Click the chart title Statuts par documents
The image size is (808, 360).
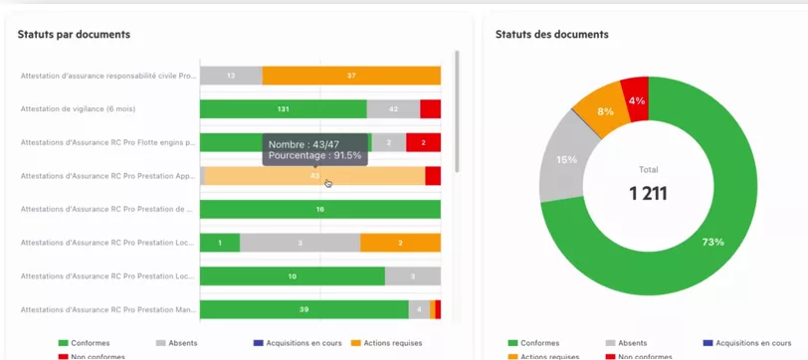(x=74, y=35)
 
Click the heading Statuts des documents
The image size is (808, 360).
(x=551, y=35)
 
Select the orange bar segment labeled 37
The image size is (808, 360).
(x=351, y=76)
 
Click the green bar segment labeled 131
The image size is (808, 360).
(x=283, y=109)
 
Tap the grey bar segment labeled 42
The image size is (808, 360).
(x=393, y=109)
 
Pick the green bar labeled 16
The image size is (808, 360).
(x=319, y=209)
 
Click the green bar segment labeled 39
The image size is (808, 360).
(x=303, y=309)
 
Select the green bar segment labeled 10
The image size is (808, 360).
(x=292, y=275)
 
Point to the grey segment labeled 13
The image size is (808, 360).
(x=231, y=76)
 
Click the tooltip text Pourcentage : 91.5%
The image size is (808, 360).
(x=315, y=156)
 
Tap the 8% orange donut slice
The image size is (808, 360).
(x=603, y=109)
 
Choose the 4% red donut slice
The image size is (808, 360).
(x=636, y=99)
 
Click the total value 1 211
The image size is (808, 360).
(x=648, y=193)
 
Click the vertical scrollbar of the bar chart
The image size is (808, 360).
(x=457, y=109)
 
